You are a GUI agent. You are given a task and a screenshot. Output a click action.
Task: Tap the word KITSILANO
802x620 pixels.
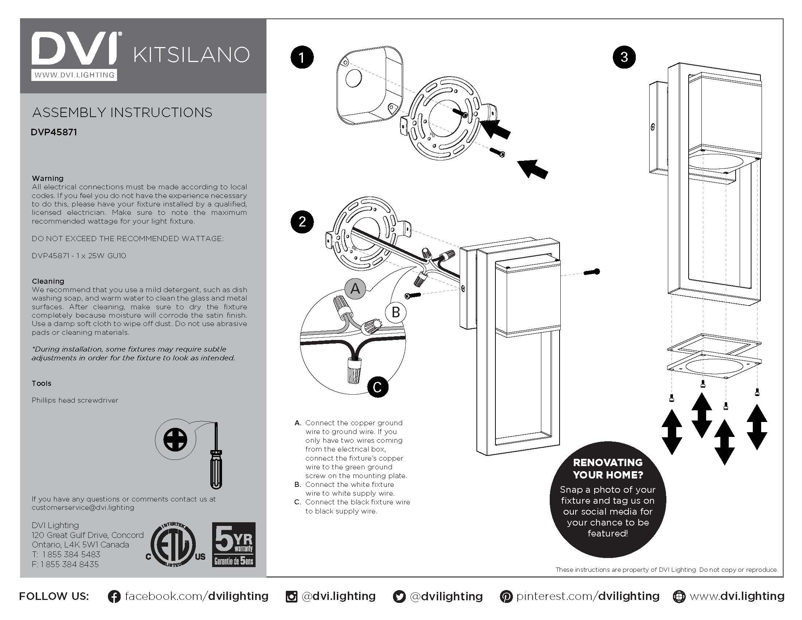(191, 55)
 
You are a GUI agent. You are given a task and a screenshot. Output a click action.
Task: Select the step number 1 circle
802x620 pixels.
(302, 58)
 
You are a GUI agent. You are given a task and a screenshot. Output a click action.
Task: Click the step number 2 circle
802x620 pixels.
(302, 222)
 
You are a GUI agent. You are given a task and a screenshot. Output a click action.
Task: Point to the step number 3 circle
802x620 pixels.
(624, 57)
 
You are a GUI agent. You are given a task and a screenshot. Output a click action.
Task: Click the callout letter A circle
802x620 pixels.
(355, 288)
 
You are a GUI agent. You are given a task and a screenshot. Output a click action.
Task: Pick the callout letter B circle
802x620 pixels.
(396, 313)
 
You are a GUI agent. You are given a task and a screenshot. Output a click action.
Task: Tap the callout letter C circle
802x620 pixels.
(378, 387)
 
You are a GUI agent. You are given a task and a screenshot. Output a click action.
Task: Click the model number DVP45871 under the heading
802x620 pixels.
(54, 132)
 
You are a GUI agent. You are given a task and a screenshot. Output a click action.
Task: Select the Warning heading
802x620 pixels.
(48, 178)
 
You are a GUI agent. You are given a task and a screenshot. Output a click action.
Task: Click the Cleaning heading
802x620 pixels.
(48, 281)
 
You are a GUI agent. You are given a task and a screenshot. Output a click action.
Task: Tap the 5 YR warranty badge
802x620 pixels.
(234, 545)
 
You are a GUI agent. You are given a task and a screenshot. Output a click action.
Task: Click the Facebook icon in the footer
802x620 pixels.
(114, 597)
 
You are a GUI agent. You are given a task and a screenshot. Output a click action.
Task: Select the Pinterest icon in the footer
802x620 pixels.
(506, 597)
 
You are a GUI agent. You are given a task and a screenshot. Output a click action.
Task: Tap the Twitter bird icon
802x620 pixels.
(399, 597)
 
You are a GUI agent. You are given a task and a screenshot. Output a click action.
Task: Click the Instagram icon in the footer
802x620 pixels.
(291, 597)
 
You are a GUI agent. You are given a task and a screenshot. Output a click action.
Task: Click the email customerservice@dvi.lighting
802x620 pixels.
(83, 508)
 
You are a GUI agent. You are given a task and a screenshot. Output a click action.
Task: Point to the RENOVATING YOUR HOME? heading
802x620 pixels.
(608, 468)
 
